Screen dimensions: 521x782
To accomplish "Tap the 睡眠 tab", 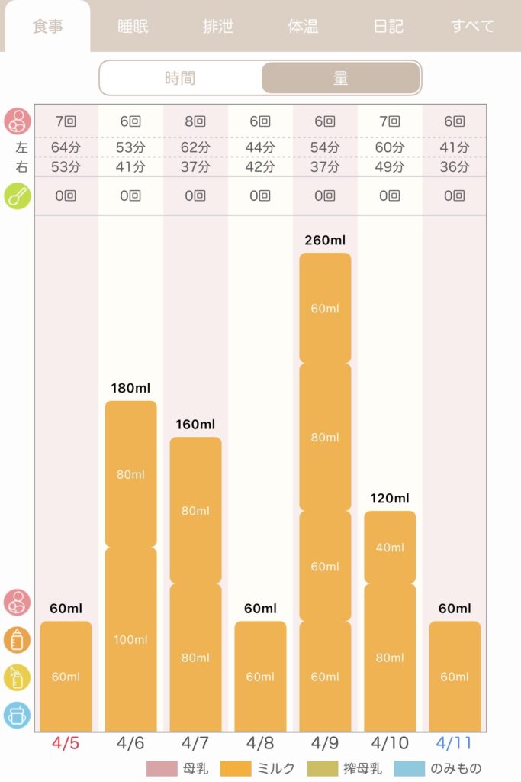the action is (x=133, y=26).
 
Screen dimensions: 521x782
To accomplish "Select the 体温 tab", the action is (x=303, y=26).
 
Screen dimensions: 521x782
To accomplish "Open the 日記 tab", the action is (x=388, y=26).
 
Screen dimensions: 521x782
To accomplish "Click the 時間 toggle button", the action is (x=180, y=78).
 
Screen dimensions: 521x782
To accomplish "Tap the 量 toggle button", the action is (x=341, y=78).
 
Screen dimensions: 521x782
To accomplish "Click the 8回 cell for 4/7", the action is (x=195, y=121).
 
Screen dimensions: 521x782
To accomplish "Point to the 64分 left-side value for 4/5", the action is (x=66, y=147).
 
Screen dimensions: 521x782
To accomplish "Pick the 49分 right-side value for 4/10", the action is (x=390, y=166).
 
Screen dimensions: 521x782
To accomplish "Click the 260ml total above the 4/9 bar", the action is (x=325, y=240).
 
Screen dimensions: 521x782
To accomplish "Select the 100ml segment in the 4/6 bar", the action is (x=130, y=639).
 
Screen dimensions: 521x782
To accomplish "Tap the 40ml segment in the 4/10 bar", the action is (x=390, y=547).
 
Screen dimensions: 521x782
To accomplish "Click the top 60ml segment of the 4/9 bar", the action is (x=325, y=309).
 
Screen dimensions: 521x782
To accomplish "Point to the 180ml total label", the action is (x=130, y=387).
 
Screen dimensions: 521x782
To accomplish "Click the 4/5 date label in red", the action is (x=66, y=743).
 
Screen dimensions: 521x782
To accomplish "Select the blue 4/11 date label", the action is (x=454, y=743).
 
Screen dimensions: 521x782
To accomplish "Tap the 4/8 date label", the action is (x=259, y=743).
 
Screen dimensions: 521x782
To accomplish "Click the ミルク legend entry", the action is (x=257, y=768).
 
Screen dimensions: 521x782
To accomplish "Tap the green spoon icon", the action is (x=18, y=196).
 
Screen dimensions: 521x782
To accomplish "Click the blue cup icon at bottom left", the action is (x=18, y=715).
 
